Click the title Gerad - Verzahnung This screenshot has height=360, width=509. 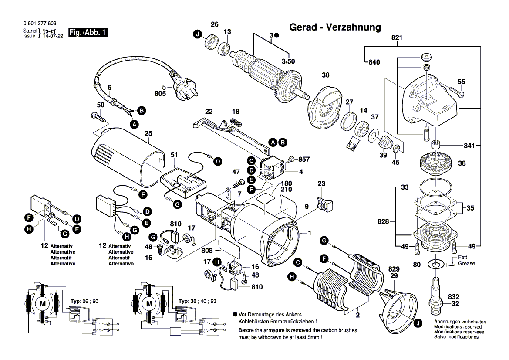tap(335, 27)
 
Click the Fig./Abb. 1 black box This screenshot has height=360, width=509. tap(88, 33)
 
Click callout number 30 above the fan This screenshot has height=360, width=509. tap(326, 75)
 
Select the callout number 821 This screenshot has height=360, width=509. tap(397, 38)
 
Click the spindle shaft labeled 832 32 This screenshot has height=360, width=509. tap(436, 294)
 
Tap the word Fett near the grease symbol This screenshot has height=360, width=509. tap(462, 258)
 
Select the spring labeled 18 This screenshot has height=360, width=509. tap(236, 123)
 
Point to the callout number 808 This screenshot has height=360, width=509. tap(207, 251)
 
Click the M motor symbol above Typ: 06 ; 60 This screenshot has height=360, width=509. tap(42, 303)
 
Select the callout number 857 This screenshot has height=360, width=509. tap(304, 160)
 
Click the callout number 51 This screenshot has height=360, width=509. tap(174, 154)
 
